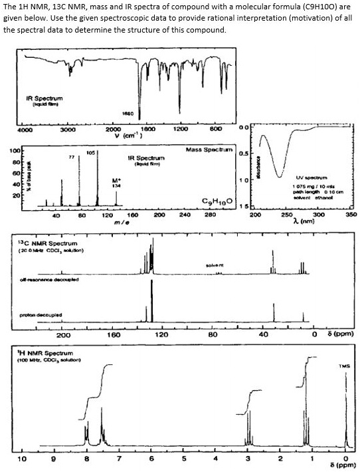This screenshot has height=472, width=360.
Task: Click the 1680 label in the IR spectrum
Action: coord(130,114)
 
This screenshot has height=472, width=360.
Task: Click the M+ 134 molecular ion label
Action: coord(117,183)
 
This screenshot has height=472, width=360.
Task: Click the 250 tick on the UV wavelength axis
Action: coord(286,215)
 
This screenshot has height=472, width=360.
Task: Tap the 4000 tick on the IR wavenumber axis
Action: coord(25,130)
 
